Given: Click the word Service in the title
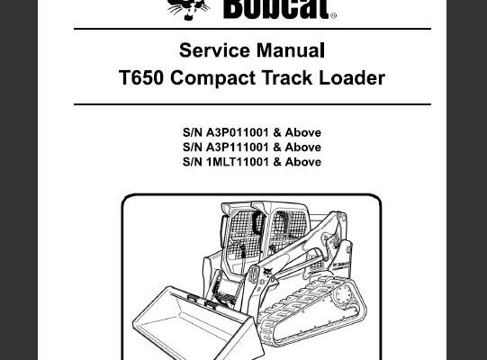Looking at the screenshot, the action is pos(214,50).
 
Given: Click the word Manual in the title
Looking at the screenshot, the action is pos(291,50).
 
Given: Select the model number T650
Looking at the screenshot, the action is pos(141,77).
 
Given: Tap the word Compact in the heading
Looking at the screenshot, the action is pos(212,78).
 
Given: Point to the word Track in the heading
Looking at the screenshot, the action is pos(287,77).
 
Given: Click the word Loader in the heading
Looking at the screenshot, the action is pos(352,77).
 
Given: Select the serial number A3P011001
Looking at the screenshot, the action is pos(237,132).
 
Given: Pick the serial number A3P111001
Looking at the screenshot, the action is pos(237,148).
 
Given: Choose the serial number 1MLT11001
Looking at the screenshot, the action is pos(237,162).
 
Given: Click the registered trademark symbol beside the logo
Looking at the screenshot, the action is pos(333,15).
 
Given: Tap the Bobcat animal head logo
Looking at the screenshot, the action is pos(188,9).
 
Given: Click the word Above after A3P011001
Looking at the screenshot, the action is pos(303,132).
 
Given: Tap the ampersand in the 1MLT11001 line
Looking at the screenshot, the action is pos(277,162).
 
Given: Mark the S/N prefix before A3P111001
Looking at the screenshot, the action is pos(193,148).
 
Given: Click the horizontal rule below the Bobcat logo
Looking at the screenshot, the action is pos(252,29).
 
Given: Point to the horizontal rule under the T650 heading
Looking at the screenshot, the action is pos(252,104).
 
